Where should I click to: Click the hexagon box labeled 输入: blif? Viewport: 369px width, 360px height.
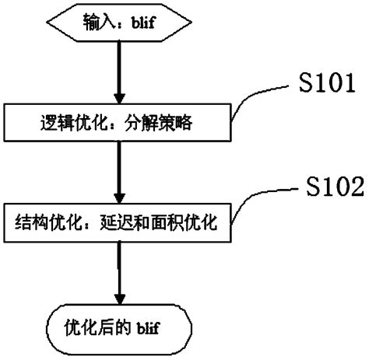118,23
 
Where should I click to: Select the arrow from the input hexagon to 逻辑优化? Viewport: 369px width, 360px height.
118,72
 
